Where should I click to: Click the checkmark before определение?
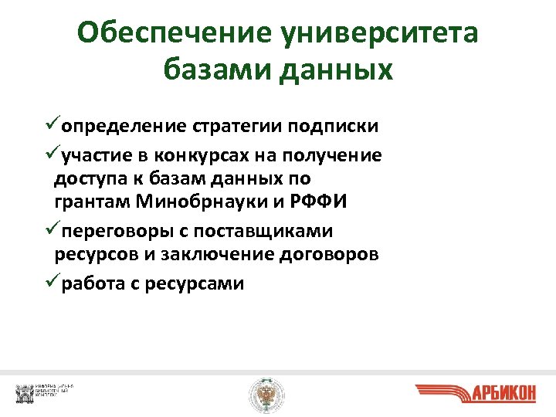coord(51,124)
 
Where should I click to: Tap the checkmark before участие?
coord(51,155)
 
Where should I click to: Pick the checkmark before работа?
coord(51,283)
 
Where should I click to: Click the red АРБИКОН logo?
coord(475,394)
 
